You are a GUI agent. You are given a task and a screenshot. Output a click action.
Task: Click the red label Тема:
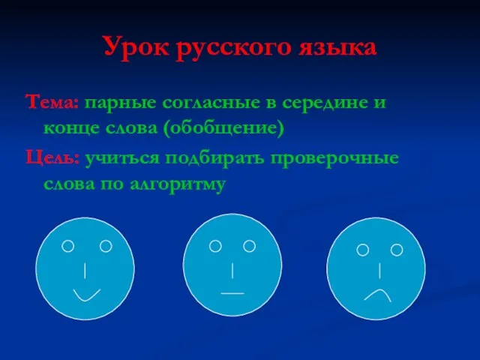pos(52,102)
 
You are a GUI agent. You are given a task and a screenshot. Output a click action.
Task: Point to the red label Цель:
pos(52,158)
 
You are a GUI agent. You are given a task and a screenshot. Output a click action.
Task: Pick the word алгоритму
pos(178,184)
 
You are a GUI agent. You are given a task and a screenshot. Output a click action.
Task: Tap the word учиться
pos(122,159)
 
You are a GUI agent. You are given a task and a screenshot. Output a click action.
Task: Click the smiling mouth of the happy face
pos(87,295)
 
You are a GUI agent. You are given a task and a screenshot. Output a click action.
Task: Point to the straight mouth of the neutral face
pos(232,293)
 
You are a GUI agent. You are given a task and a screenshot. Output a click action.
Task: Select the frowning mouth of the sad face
pos(378,295)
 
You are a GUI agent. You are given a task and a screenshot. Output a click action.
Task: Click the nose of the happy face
pos(85,270)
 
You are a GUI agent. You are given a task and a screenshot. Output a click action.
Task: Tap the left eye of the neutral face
pos(215,246)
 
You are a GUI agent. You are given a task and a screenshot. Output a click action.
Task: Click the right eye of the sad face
pos(397,250)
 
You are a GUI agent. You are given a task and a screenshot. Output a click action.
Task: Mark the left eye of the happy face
pos(68,246)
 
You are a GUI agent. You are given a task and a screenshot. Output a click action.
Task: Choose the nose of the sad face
pos(380,271)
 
